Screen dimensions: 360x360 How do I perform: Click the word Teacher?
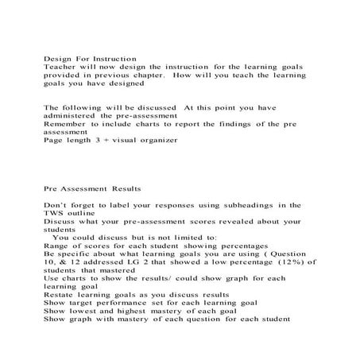tap(59, 68)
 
